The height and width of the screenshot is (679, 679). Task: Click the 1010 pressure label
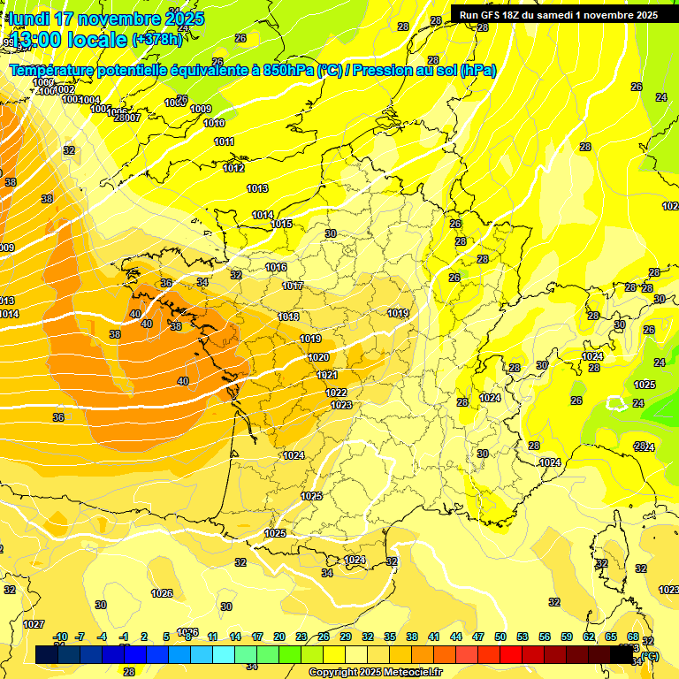point(214,123)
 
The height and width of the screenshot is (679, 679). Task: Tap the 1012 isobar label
point(233,168)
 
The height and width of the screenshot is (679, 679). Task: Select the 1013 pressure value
point(257,188)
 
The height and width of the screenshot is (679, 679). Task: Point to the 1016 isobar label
point(276,267)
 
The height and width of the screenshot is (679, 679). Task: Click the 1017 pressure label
point(293,286)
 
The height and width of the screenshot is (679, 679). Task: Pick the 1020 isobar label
point(318,357)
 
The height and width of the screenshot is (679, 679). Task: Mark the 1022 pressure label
point(336,393)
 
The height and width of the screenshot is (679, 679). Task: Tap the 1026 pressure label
point(162,593)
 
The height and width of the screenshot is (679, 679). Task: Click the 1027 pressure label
point(34,624)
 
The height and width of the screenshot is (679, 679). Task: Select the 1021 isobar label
point(327,375)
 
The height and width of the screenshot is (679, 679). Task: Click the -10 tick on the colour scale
point(60,637)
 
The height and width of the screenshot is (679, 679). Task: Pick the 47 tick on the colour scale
point(478,637)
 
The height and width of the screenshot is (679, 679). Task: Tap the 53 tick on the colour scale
point(523,637)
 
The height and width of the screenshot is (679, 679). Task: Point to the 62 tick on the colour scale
point(589,637)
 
